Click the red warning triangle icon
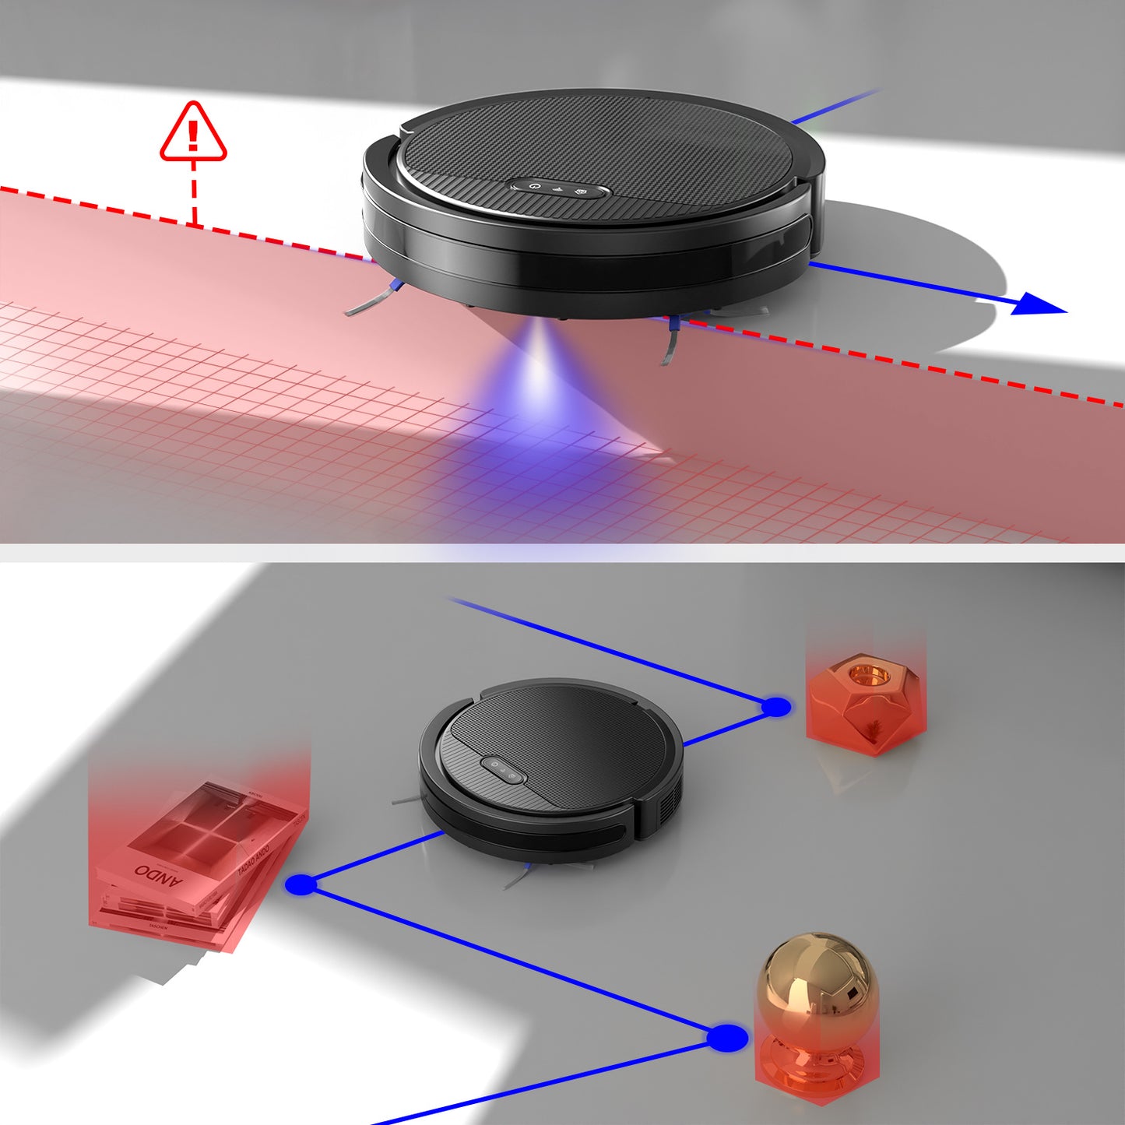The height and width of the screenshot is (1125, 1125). coord(193,132)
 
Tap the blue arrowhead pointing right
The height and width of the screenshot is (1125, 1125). coord(1039,304)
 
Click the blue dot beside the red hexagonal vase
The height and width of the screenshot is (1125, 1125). coord(775,707)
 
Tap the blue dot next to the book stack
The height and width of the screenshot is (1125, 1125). coord(301,884)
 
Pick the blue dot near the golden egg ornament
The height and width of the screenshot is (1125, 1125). coord(727,1038)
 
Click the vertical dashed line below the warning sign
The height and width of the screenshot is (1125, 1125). coord(194,195)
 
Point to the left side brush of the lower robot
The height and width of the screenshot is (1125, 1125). coord(406,800)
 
